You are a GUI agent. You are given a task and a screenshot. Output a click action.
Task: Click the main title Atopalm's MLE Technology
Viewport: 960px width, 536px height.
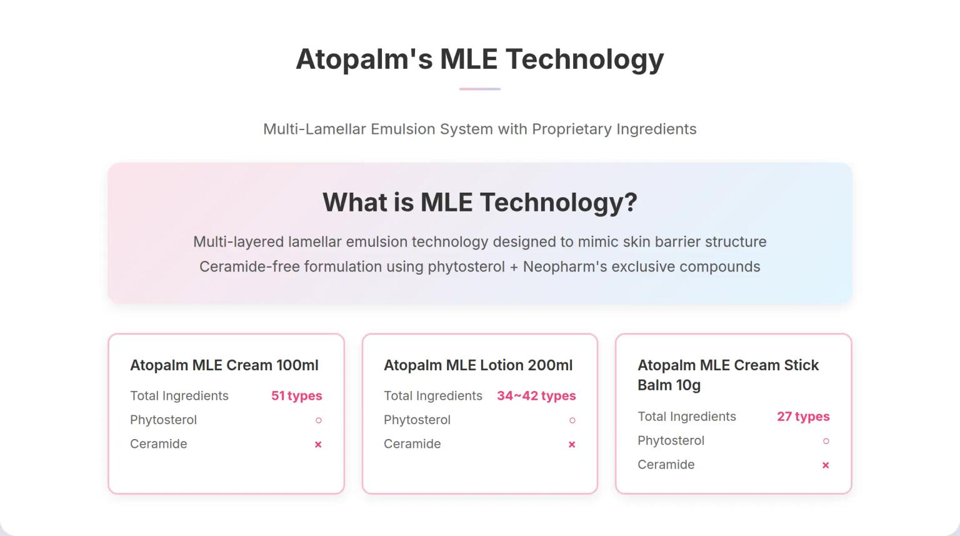pyautogui.click(x=479, y=59)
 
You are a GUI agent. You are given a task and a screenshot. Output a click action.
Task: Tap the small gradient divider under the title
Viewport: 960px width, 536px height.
pyautogui.click(x=479, y=89)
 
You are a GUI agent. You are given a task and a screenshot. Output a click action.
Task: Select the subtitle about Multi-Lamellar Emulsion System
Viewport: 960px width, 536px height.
pyautogui.click(x=479, y=129)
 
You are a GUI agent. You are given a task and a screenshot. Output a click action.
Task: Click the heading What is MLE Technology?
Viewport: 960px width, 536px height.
pyautogui.click(x=479, y=203)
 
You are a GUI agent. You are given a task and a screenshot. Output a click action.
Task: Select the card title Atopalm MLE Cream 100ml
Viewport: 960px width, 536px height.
pyautogui.click(x=224, y=365)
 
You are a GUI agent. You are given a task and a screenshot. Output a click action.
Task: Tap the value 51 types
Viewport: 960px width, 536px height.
pyautogui.click(x=296, y=396)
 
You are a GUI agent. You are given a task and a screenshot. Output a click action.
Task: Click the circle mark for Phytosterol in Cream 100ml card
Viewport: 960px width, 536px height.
pyautogui.click(x=319, y=420)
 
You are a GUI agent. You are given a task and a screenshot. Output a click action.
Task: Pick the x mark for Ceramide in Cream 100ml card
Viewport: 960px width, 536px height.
pyautogui.click(x=318, y=445)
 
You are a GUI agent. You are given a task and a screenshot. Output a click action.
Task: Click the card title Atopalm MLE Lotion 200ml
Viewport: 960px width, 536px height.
pyautogui.click(x=478, y=365)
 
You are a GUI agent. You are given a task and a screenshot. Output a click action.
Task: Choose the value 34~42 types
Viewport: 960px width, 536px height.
pyautogui.click(x=536, y=396)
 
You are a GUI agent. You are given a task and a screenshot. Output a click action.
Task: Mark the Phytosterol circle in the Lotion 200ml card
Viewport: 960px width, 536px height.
pyautogui.click(x=572, y=420)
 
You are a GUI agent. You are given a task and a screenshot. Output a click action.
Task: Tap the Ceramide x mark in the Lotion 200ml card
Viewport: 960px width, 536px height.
pyautogui.click(x=572, y=445)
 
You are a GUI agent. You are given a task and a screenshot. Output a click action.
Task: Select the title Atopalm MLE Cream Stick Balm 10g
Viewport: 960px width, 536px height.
pyautogui.click(x=727, y=375)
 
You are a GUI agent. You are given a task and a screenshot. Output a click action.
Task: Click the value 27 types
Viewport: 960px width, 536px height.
pyautogui.click(x=803, y=417)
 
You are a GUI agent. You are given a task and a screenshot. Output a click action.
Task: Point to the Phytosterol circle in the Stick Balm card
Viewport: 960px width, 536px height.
pyautogui.click(x=826, y=441)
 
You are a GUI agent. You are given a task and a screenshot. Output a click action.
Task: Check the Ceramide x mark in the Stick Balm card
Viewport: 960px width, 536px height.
pyautogui.click(x=826, y=465)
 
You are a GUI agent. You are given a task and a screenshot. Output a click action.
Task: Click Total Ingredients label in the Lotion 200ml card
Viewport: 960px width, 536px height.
pyautogui.click(x=433, y=396)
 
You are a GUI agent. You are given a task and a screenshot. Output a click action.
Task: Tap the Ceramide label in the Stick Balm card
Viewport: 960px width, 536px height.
pyautogui.click(x=666, y=465)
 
